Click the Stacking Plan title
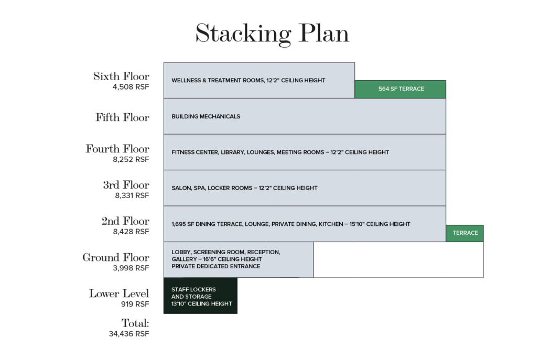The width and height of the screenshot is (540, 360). (273, 34)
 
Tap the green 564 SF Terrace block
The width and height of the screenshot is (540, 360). (400, 89)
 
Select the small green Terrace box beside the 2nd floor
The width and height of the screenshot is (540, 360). (465, 233)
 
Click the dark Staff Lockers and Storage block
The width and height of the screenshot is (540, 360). (200, 296)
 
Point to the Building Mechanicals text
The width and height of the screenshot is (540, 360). (206, 116)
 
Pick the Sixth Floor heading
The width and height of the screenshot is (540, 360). (121, 76)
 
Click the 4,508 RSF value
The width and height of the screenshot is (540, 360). (131, 87)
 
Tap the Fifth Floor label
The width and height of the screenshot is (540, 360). (122, 117)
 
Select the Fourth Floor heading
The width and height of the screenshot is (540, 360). (117, 149)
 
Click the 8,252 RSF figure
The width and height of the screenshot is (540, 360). (131, 159)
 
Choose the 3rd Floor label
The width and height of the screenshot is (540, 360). (126, 185)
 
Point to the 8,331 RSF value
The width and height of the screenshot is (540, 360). (132, 195)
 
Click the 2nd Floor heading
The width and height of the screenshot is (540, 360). (125, 221)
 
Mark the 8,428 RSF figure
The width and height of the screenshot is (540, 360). (131, 232)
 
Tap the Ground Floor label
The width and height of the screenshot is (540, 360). (116, 257)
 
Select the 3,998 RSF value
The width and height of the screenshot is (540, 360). (131, 268)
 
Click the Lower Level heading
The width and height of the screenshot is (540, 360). (119, 293)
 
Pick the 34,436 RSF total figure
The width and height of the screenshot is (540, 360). (129, 334)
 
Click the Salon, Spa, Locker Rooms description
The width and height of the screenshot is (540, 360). (244, 188)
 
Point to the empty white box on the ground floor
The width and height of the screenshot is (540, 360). (398, 260)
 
